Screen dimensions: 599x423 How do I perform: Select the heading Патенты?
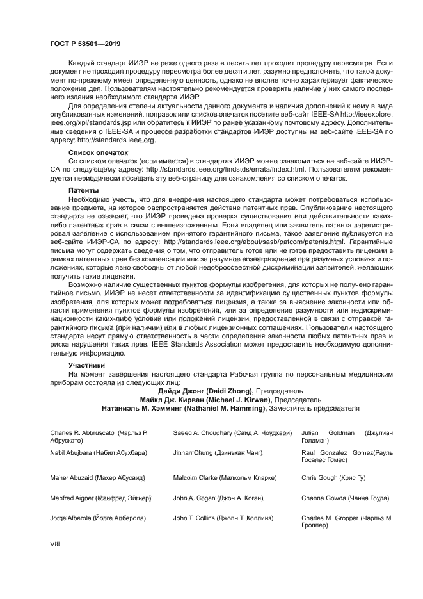(x=83, y=191)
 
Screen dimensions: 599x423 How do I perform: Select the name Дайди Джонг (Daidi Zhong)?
(x=205, y=390)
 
